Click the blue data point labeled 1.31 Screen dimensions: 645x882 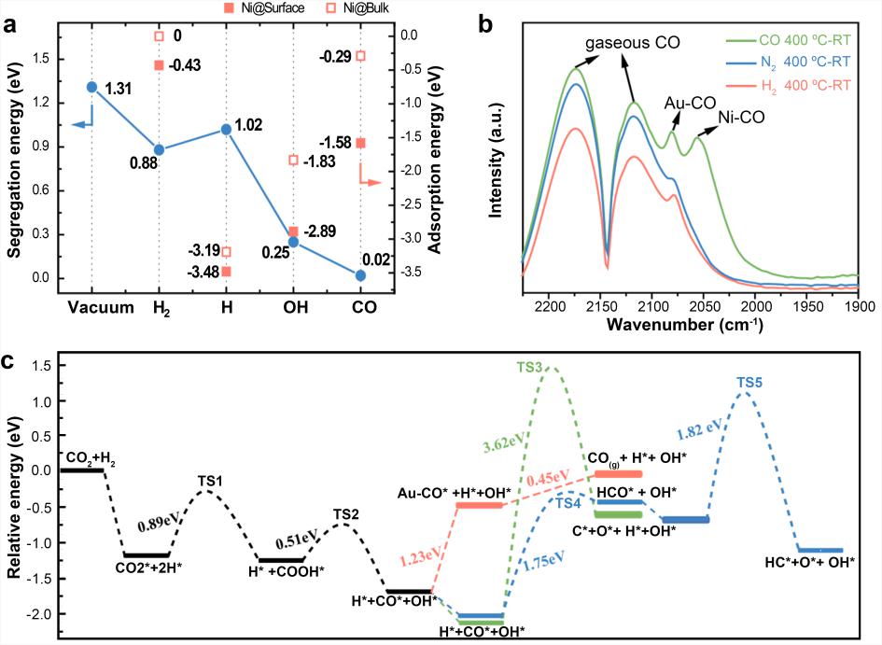[91, 87]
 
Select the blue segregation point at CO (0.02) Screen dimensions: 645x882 [361, 275]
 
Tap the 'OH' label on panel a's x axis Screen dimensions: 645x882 [293, 308]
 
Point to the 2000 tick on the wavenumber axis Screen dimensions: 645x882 [756, 305]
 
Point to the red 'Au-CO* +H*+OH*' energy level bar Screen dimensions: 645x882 [480, 505]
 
